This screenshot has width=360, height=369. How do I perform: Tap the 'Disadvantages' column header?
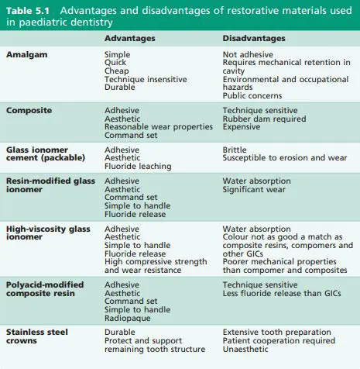pos(253,38)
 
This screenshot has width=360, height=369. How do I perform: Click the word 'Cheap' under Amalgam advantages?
pos(118,71)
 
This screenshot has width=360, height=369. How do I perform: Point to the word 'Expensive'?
pos(244,127)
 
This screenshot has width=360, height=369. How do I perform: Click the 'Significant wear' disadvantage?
pos(254,189)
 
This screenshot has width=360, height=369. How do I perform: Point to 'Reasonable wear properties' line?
pos(157,127)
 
